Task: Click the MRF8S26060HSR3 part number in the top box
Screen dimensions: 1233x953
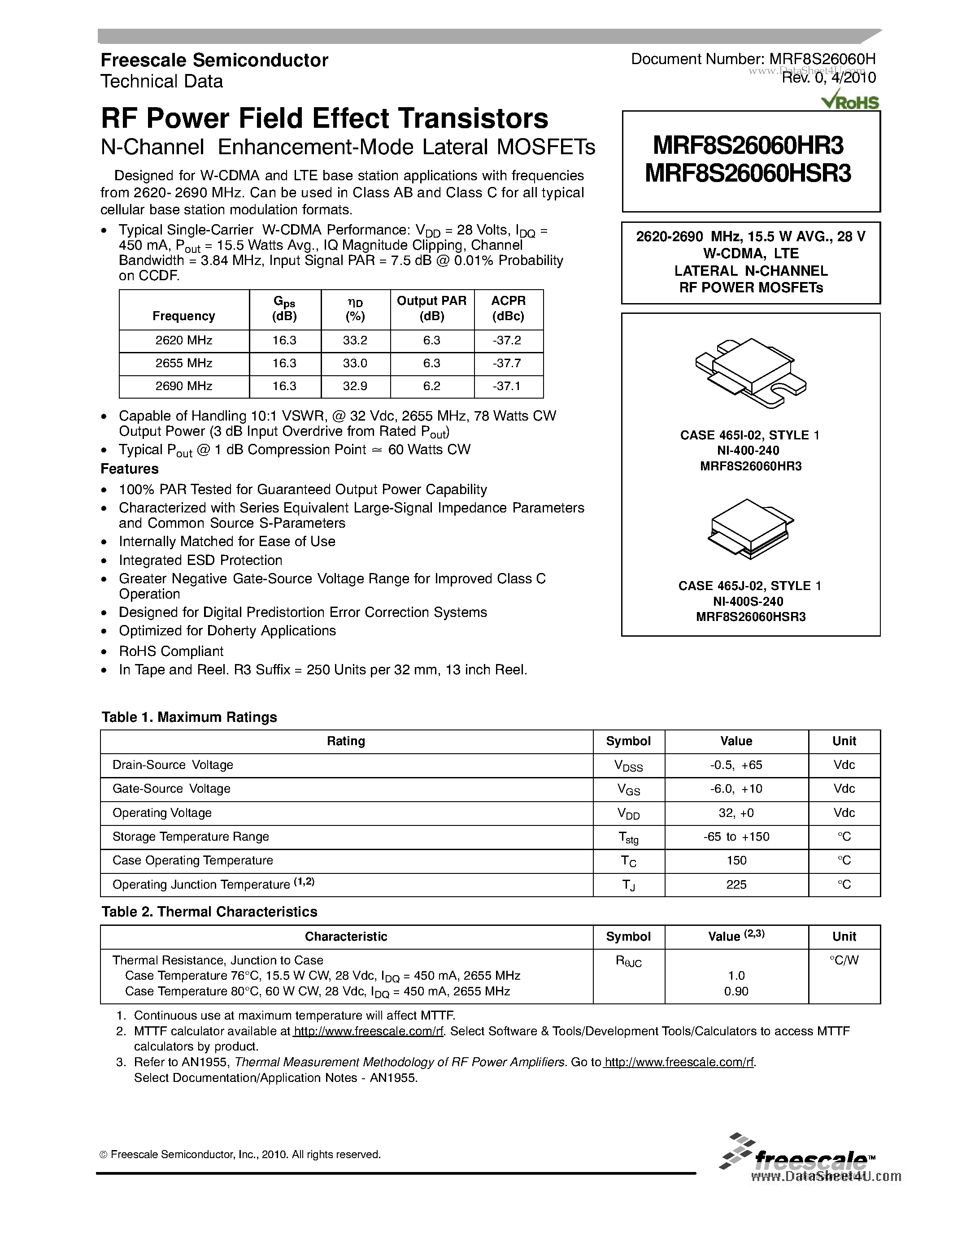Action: (x=748, y=174)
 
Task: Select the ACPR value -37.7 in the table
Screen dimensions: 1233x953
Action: (x=506, y=363)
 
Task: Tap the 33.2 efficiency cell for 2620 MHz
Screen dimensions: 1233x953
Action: (x=355, y=340)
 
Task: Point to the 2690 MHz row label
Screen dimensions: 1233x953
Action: (x=183, y=386)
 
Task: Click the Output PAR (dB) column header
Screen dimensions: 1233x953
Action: (x=431, y=308)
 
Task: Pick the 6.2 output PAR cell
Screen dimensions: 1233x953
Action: (x=431, y=386)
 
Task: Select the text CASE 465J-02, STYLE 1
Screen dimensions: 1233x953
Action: (x=750, y=586)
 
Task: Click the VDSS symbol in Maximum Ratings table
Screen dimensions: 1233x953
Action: (x=628, y=765)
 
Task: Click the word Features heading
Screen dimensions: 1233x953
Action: (x=129, y=469)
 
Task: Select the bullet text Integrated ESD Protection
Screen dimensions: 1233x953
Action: (x=200, y=560)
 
